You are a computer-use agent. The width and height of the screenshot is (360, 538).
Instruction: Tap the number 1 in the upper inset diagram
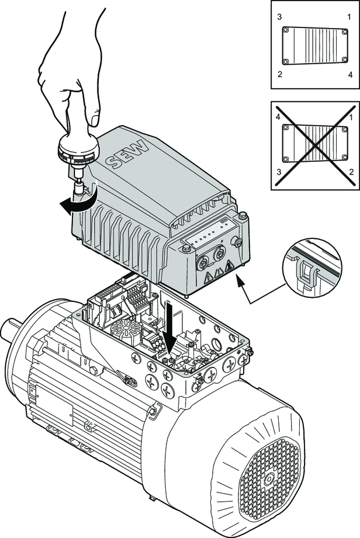(x=349, y=18)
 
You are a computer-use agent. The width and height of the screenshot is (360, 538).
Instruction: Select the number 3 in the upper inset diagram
(x=281, y=18)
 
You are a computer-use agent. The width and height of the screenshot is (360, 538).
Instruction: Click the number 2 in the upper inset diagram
(x=281, y=74)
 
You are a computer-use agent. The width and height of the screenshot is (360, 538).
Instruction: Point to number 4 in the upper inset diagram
(x=349, y=74)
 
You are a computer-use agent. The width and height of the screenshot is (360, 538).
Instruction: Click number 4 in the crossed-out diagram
(x=281, y=117)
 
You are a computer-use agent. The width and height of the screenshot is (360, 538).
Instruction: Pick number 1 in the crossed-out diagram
(x=349, y=117)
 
